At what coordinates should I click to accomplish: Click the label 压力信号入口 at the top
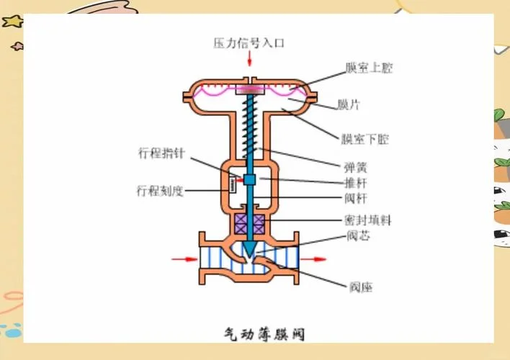249,43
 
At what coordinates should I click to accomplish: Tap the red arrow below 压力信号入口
249,58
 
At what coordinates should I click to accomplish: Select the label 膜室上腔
369,68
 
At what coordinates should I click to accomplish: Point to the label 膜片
348,104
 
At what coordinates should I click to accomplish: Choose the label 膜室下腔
364,139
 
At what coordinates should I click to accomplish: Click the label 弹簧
356,168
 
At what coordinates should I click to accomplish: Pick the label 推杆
356,183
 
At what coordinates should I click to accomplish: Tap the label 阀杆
356,198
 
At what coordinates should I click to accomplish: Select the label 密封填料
367,220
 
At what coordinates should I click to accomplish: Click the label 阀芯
358,235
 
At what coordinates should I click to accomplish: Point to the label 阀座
361,287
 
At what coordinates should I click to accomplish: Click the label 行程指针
161,153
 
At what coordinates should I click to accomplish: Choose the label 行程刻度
160,191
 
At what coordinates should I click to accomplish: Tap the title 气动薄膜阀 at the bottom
264,334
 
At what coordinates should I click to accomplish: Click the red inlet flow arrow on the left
184,259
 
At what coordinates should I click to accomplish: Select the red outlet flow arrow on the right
313,259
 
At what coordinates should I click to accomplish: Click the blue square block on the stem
249,180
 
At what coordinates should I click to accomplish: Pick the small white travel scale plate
232,185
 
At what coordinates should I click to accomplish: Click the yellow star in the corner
12,22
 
